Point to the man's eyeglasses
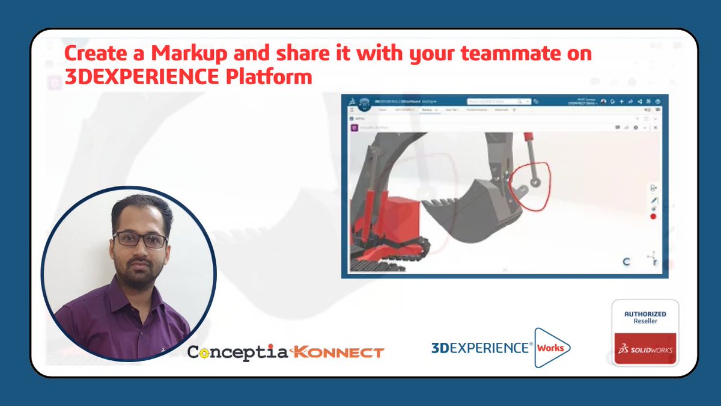coord(140,240)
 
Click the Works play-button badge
coord(551,348)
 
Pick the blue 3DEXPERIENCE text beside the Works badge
coord(481,348)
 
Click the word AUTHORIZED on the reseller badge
coord(645,314)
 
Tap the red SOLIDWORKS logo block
coord(645,349)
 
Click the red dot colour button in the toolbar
coord(653,216)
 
